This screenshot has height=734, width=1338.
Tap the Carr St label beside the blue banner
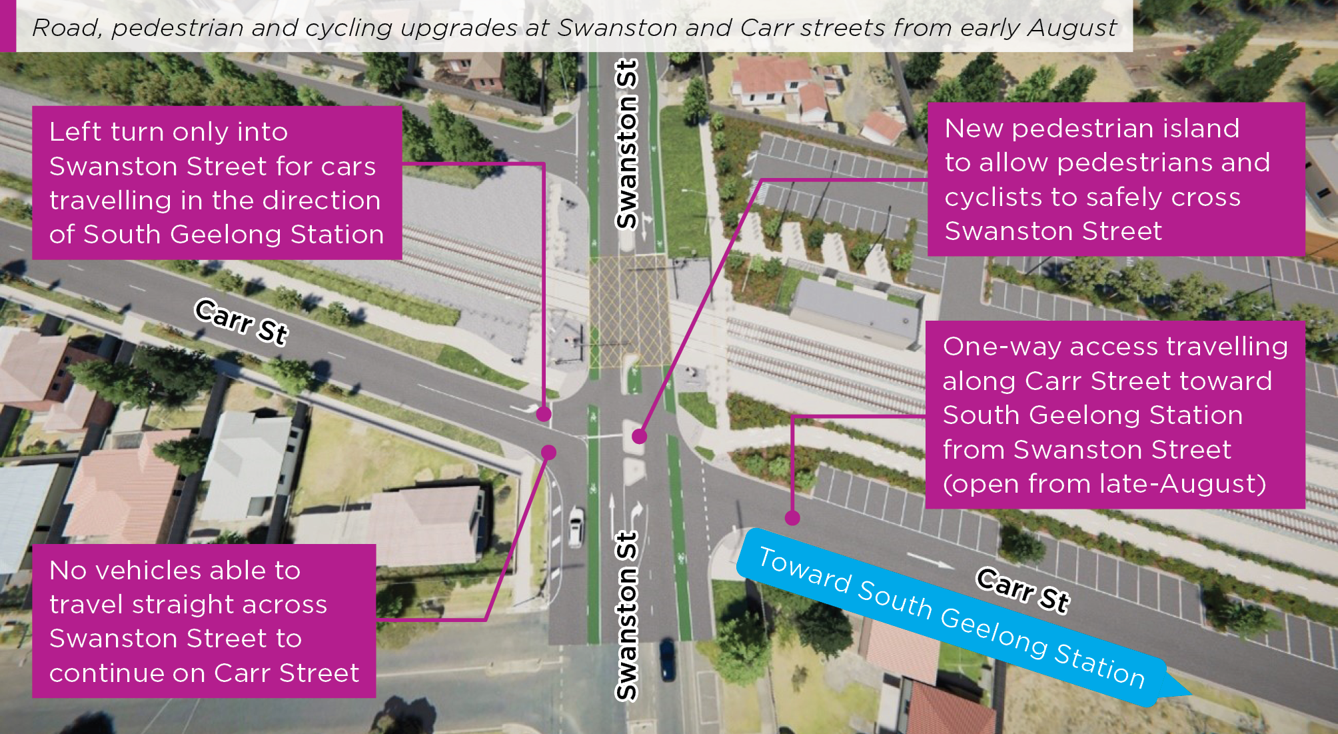pos(1023,589)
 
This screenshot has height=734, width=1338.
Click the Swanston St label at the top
pos(627,144)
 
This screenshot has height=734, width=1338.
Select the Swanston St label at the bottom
pos(627,616)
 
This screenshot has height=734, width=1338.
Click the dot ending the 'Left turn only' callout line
pos(544,414)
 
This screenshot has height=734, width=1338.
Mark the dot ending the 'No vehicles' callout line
pos(548,453)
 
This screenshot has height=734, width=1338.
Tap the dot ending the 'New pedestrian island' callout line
pos(639,437)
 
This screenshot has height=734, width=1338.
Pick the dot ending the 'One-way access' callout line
pos(792,517)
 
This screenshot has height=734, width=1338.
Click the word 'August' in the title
pos(1072,28)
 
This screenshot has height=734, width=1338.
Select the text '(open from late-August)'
pos(1104,483)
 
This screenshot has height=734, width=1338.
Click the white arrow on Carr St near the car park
pos(930,561)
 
